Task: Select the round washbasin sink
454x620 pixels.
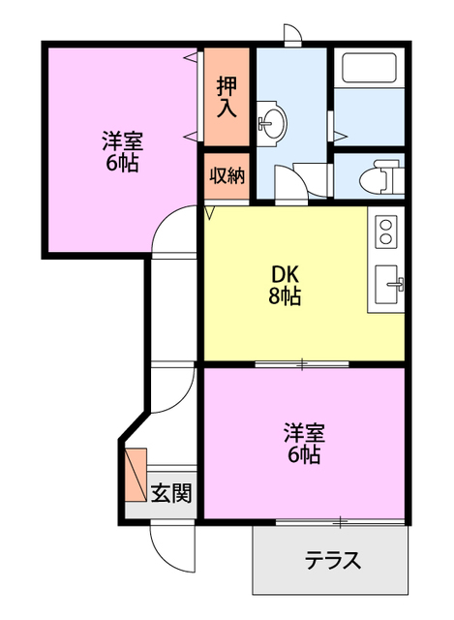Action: tap(272, 123)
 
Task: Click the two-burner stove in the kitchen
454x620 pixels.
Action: tap(385, 232)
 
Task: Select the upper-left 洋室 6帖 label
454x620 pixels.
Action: tap(121, 150)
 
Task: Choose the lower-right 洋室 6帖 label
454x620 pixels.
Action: tap(303, 442)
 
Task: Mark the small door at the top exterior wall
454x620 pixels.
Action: tap(291, 35)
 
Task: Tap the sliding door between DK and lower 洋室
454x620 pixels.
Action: tap(302, 364)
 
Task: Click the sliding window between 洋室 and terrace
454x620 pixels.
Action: tap(339, 522)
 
